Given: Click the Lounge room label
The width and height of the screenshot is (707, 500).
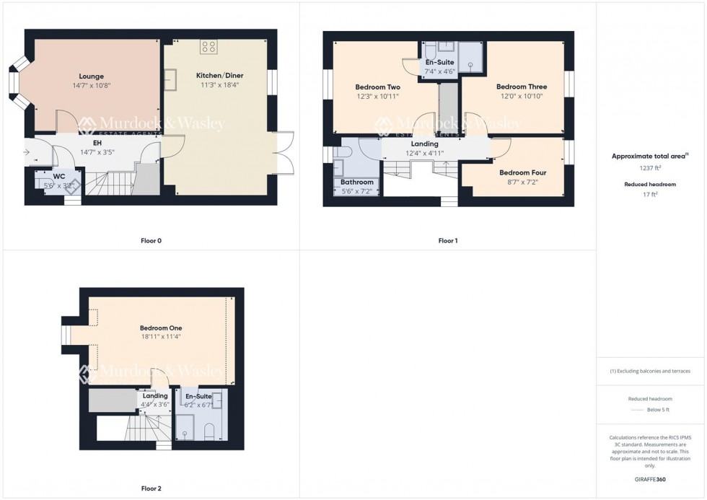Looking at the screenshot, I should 91,76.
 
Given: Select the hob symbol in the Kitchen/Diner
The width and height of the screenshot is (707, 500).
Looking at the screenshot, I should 209,47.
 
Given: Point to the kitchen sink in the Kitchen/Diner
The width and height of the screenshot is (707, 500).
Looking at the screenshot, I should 171,79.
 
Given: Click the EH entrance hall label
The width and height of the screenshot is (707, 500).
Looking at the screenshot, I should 97,144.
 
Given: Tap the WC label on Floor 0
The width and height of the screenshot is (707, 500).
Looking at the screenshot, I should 59,176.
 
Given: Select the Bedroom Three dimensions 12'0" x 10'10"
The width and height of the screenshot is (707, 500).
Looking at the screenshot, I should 519,96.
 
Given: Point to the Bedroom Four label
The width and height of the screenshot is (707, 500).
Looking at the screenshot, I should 522,173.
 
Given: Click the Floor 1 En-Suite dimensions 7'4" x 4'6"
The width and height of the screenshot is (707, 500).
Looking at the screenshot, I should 439,71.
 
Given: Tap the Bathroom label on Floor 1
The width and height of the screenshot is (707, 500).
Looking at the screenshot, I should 357,183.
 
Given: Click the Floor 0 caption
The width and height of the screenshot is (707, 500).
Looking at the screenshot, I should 151,240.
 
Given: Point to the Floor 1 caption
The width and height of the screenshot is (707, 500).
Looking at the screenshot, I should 447,240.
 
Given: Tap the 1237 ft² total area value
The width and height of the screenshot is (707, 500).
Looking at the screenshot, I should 651,167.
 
